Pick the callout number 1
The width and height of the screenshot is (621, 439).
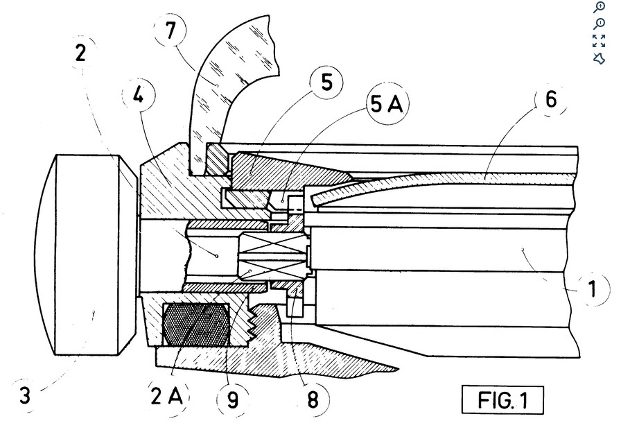click(591, 288)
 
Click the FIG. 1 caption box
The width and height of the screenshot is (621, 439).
click(503, 400)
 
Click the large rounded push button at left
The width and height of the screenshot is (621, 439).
click(83, 254)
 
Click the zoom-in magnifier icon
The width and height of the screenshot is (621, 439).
click(600, 8)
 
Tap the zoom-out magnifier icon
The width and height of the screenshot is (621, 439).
click(600, 24)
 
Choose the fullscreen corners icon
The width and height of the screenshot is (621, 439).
click(600, 41)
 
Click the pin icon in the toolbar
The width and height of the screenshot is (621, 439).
click(600, 58)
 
